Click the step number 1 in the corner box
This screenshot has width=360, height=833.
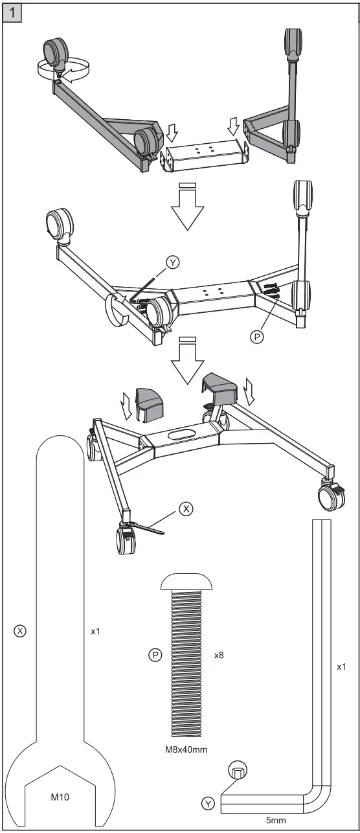[11, 12]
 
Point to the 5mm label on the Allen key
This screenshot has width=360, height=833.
[276, 820]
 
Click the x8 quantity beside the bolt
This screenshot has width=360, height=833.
[219, 655]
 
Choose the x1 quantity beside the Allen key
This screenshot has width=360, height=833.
[342, 665]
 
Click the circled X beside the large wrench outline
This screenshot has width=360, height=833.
[19, 630]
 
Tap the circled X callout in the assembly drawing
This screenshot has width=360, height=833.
[186, 509]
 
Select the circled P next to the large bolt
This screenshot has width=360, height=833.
[155, 655]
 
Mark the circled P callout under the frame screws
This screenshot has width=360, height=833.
[256, 337]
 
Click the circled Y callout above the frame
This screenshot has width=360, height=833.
[173, 262]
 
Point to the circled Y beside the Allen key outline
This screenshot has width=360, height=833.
[208, 804]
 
